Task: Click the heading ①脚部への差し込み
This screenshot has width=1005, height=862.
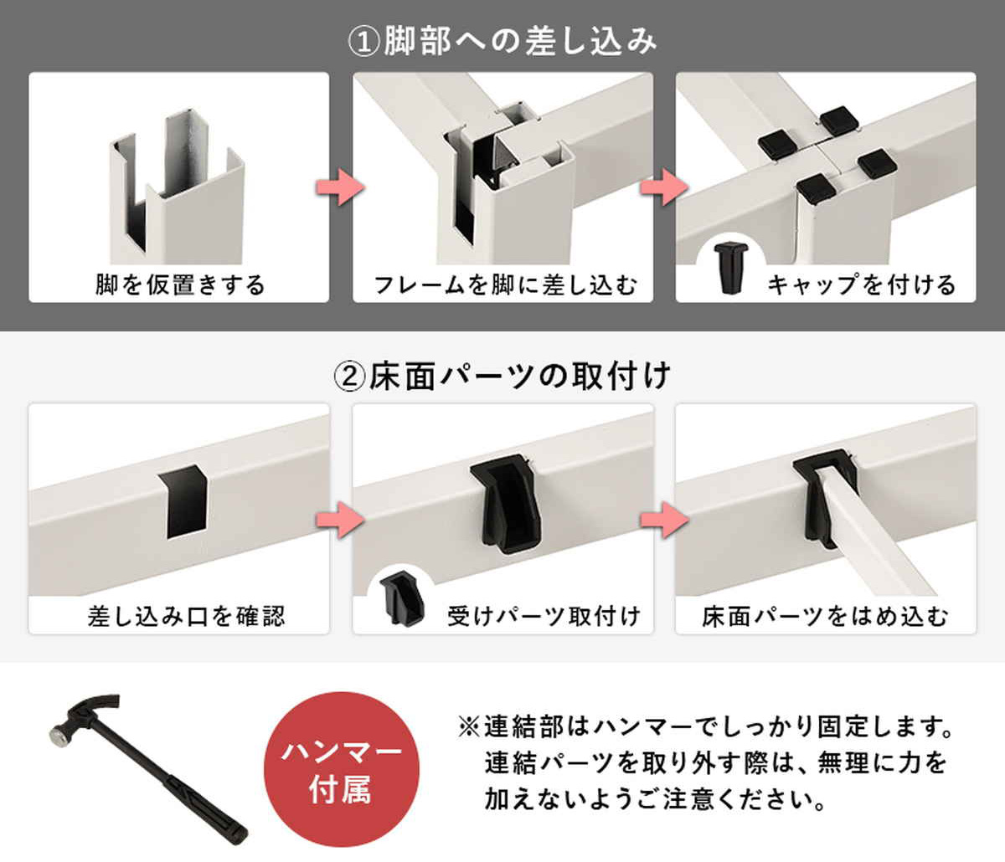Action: click(x=502, y=42)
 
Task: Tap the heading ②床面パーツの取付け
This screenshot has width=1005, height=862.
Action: click(x=502, y=376)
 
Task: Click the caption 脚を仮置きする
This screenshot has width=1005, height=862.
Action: click(x=180, y=285)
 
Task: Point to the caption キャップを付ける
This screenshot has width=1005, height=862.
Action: click(x=862, y=285)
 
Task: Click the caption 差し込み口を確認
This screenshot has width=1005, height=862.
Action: click(x=186, y=617)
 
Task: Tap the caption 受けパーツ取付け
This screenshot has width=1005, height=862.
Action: click(x=543, y=617)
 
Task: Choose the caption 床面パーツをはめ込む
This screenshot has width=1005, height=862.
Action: click(x=825, y=617)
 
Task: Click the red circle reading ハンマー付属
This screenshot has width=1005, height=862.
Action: click(x=342, y=770)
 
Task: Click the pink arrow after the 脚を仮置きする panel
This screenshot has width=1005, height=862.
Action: click(x=340, y=187)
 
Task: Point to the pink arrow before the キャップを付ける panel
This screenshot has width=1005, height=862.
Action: click(x=664, y=187)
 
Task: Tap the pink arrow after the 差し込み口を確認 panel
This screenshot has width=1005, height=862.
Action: click(x=340, y=520)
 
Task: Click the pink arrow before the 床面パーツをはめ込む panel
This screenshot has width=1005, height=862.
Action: click(x=664, y=520)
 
